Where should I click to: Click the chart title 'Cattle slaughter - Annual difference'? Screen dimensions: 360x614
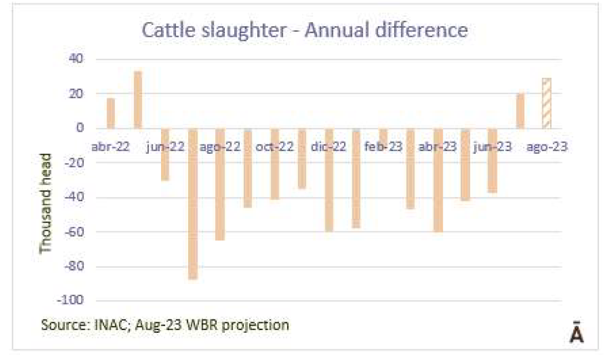click(305, 30)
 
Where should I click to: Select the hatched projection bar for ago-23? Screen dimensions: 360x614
click(547, 103)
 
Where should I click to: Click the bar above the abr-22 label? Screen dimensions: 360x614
click(111, 113)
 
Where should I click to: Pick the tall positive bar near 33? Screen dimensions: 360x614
click(138, 100)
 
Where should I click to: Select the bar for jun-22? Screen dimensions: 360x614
click(165, 154)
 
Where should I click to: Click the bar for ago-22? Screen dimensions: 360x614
click(220, 184)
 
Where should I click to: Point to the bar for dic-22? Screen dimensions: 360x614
click(329, 180)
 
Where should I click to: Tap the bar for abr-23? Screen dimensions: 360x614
click(438, 180)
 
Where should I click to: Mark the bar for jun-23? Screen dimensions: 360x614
click(492, 161)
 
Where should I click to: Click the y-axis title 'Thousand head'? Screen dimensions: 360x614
click(46, 203)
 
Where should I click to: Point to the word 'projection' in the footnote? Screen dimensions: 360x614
click(257, 324)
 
